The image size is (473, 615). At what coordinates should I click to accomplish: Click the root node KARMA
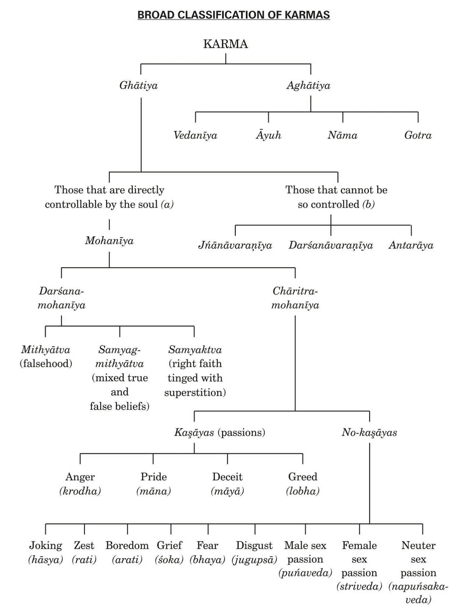point(226,44)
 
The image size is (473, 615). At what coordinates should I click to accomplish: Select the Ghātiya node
point(138,85)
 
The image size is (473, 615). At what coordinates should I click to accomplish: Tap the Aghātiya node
point(308,85)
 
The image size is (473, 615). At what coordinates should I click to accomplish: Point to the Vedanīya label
point(195,135)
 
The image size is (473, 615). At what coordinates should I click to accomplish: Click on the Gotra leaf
point(418,135)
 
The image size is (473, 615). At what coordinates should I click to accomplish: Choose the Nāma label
point(342,135)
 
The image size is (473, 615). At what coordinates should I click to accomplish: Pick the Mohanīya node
point(109,240)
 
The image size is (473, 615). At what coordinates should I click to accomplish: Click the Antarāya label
point(411,245)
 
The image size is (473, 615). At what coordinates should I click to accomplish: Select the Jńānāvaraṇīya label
point(235,245)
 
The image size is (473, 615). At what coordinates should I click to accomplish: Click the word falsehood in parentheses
point(46,364)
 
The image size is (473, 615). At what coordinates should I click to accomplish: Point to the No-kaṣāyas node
point(369,432)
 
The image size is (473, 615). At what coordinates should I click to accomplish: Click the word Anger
point(80,477)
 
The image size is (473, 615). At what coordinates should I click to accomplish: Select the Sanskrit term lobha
point(302,491)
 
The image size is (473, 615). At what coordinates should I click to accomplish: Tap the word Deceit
point(227,477)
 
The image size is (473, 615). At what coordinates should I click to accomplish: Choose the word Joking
point(45,545)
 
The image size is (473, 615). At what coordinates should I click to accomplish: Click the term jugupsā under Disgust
point(254,559)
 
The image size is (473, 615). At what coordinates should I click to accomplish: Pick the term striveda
point(359,587)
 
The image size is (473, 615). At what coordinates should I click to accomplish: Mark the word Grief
point(169,545)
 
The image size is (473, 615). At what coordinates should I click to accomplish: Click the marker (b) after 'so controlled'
point(368,204)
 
